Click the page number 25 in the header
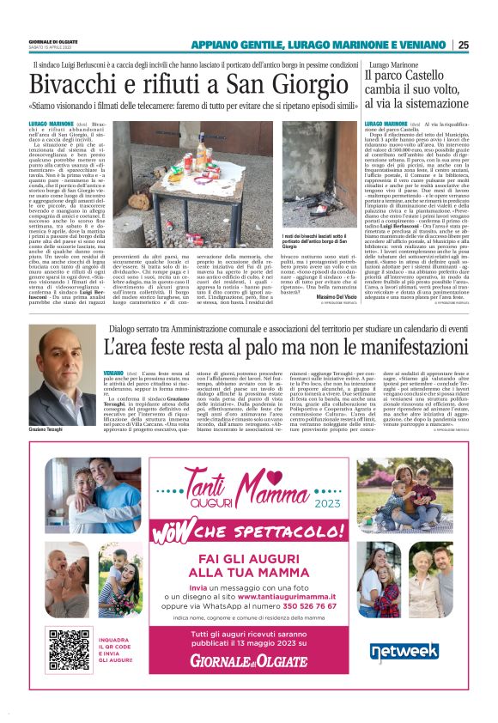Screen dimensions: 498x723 [463, 46]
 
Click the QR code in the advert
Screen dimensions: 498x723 [69, 650]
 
